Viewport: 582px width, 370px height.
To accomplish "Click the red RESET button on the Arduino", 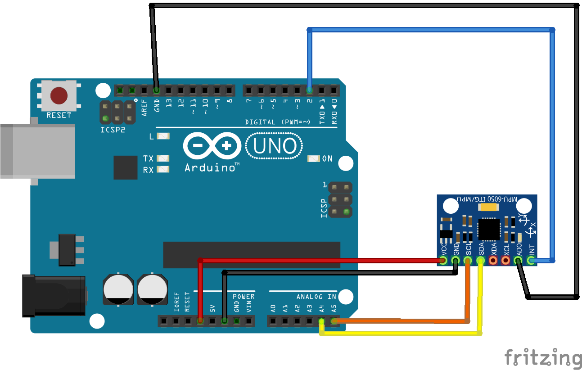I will coord(59,95).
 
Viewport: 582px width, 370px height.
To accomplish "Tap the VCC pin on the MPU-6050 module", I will coord(443,260).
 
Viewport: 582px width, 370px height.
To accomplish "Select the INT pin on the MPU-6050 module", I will coord(531,260).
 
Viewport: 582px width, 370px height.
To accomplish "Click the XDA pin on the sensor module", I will coord(493,260).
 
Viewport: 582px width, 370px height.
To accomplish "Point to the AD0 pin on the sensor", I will coord(519,260).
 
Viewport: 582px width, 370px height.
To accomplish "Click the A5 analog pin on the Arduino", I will coord(334,321).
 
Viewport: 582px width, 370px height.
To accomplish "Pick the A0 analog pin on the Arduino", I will coord(273,321).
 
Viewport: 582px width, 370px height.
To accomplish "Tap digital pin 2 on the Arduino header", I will coord(309,90).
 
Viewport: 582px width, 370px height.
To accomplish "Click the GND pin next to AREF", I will coord(156,90).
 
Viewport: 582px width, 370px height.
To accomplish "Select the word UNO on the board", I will coord(274,146).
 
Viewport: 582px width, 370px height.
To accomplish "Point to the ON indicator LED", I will coord(313,158).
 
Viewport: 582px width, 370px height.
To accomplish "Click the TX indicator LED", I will coord(162,158).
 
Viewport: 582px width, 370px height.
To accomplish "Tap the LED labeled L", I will coord(162,136).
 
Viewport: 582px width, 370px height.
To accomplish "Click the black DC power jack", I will coord(54,295).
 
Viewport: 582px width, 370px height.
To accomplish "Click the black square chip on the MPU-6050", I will coord(489,229).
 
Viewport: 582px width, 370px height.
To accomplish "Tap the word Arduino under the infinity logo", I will coord(210,168).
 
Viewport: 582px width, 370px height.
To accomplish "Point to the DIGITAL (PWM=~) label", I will coord(277,122).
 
